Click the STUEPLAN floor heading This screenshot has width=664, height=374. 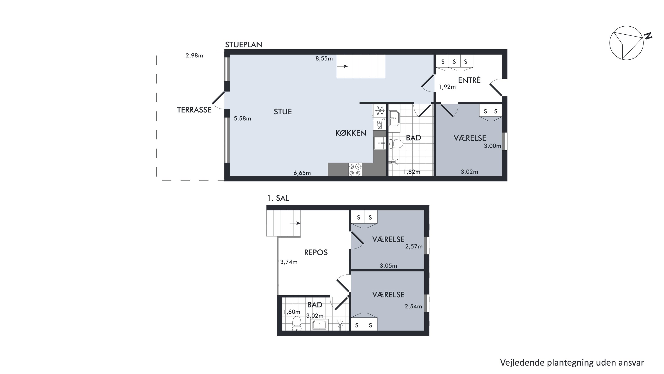[244, 45]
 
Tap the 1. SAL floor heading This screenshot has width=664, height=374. [278, 198]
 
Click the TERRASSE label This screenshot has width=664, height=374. [194, 110]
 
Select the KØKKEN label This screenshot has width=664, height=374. [351, 133]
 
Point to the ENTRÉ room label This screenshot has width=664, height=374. [469, 80]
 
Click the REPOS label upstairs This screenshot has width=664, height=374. [316, 253]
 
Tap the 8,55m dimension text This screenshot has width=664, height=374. [324, 59]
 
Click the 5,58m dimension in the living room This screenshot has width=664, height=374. [242, 119]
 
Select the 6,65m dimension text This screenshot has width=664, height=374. [302, 173]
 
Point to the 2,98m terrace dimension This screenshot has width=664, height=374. [194, 55]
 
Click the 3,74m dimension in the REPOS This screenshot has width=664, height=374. [289, 262]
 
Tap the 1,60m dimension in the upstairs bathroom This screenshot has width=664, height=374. [292, 312]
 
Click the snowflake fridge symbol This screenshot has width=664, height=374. [379, 111]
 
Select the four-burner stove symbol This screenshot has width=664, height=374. [355, 170]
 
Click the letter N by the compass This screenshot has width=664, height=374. [648, 36]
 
